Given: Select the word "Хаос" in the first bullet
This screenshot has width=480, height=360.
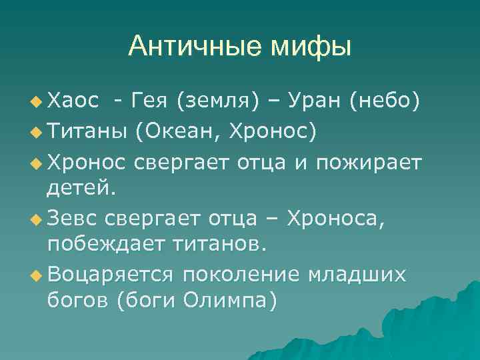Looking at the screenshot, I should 73,101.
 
